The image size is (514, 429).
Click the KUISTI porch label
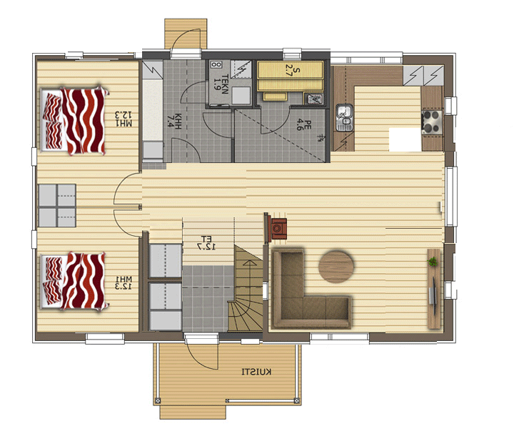(256, 372)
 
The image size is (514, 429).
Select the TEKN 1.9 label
(221, 84)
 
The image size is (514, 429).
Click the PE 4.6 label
(303, 124)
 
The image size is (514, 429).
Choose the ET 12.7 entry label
(206, 242)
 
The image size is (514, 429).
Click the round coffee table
(336, 267)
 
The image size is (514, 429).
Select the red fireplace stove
(278, 229)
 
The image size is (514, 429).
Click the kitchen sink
(344, 118)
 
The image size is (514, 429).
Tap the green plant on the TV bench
(433, 262)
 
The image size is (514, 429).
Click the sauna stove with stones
(313, 99)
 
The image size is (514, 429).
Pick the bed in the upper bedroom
(74, 120)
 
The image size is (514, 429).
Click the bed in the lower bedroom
(74, 281)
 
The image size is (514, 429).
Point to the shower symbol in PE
(321, 138)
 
